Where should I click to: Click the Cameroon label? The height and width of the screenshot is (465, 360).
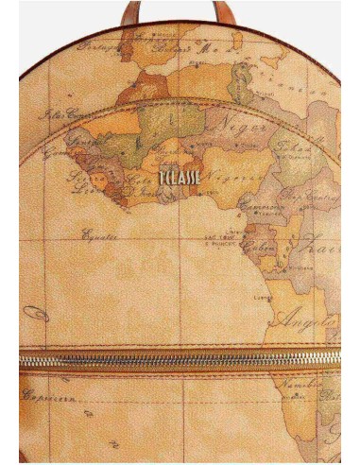263,208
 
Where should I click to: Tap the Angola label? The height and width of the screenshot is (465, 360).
307,317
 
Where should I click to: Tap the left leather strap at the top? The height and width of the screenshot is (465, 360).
130,10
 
